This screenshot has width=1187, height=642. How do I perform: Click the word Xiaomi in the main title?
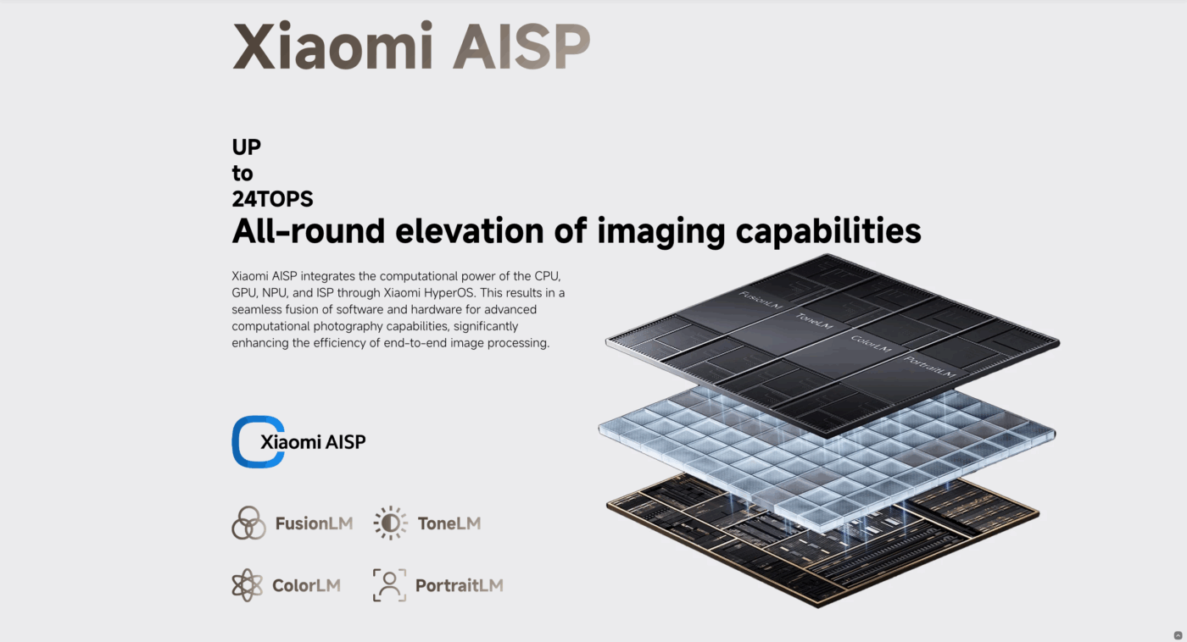332,46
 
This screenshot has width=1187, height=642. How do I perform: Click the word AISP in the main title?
521,47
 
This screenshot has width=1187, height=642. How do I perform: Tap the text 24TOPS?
272,199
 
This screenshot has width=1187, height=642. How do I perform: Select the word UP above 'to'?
247,147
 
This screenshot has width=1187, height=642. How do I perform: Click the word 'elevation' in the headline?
470,230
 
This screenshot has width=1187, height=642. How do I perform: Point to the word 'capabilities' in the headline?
828,232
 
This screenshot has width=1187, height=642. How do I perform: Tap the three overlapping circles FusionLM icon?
248,523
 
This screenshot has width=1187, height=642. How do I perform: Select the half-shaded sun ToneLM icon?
391,523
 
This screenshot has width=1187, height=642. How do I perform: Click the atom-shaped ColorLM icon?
247,585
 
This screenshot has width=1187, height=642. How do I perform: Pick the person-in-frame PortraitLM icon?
389,585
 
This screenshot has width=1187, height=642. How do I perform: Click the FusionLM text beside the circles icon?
314,523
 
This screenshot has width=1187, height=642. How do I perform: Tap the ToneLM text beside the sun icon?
449,523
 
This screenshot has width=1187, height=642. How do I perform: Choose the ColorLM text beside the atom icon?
306,585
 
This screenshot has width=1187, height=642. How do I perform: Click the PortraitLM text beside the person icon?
460,585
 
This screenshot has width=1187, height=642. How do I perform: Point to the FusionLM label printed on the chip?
761,300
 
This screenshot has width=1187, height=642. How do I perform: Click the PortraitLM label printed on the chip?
930,367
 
